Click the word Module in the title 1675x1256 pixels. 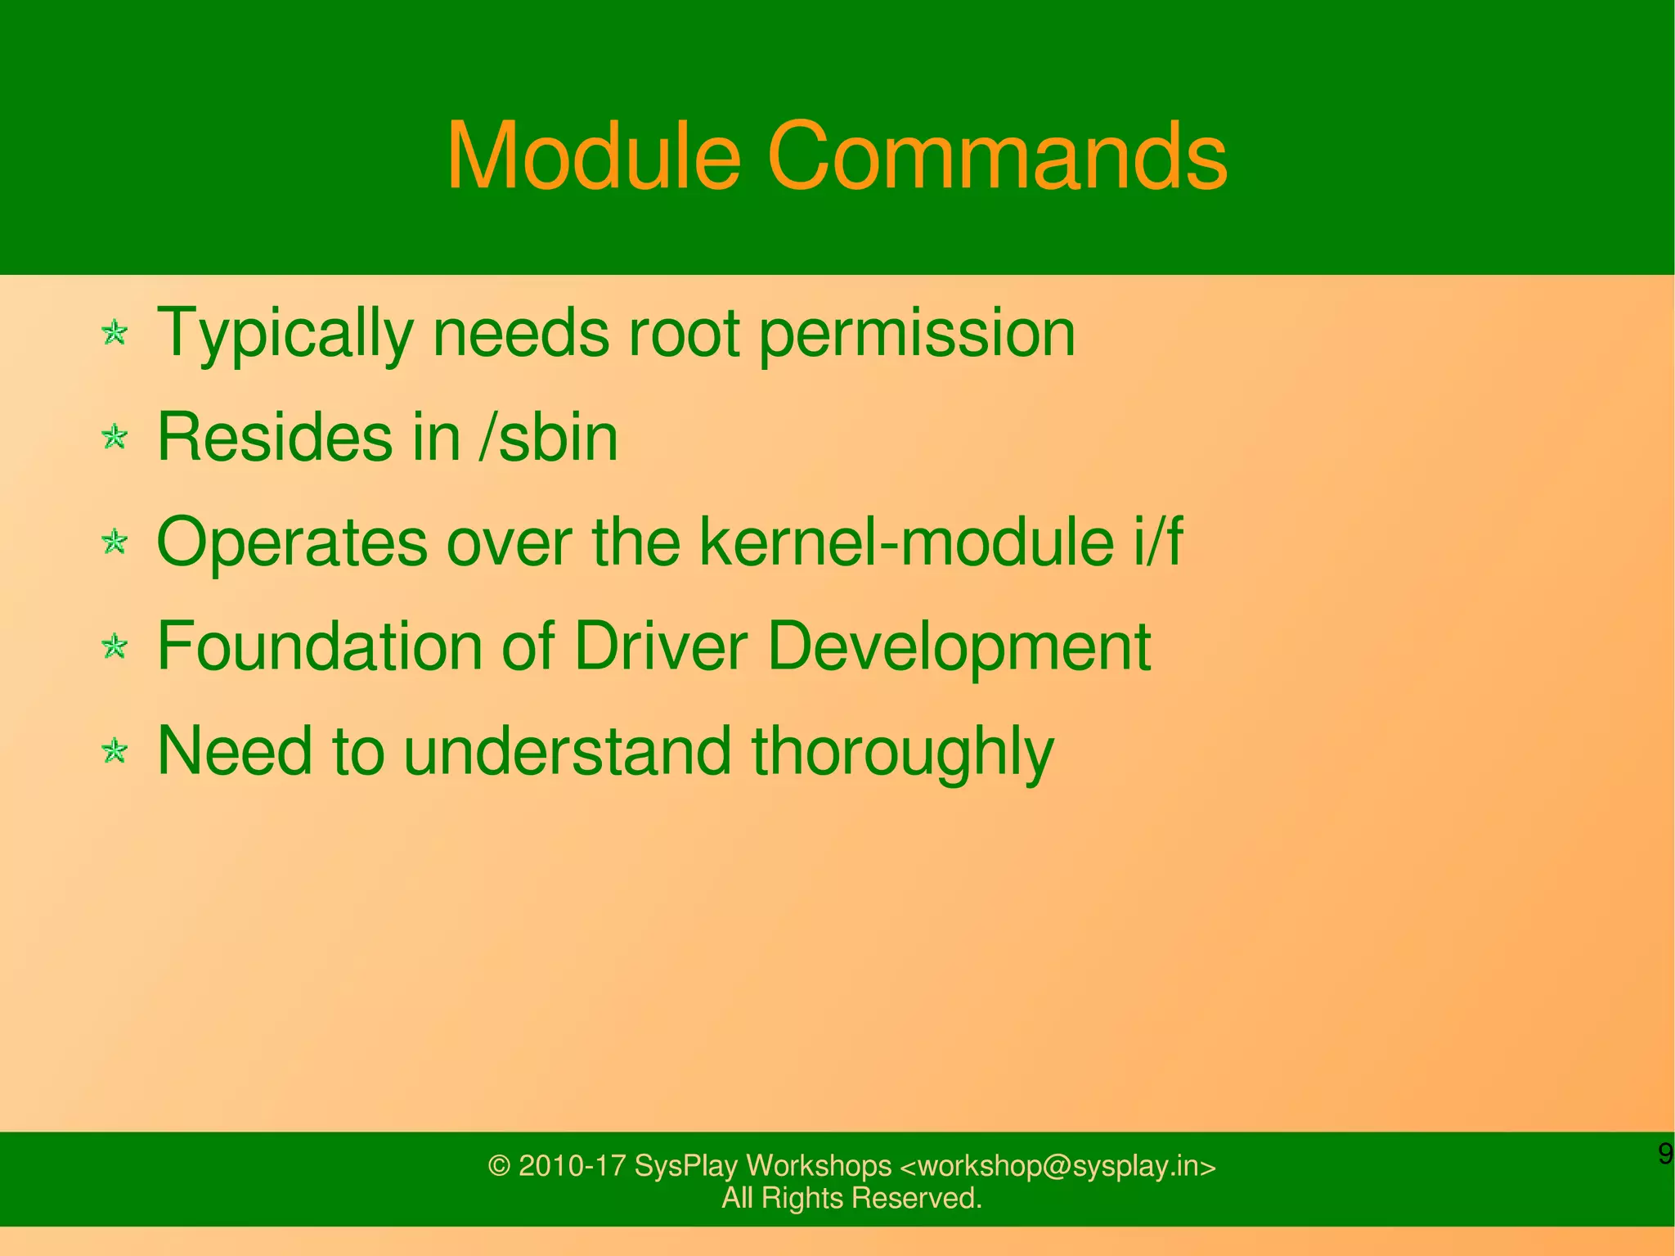[x=593, y=155]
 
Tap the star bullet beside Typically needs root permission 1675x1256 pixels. [x=115, y=333]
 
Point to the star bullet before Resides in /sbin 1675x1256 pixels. [x=115, y=437]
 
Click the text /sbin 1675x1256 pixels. [x=548, y=437]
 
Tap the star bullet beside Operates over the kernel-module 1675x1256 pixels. [x=115, y=542]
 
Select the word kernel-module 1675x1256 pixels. [x=906, y=542]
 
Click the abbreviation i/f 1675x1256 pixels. [x=1157, y=542]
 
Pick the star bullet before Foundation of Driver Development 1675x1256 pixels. [x=115, y=646]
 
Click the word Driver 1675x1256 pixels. [x=661, y=646]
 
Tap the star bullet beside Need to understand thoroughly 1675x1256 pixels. [x=115, y=751]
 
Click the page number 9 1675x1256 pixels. [x=1664, y=1155]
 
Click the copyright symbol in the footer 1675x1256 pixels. [x=499, y=1166]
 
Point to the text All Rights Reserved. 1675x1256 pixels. [x=851, y=1198]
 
